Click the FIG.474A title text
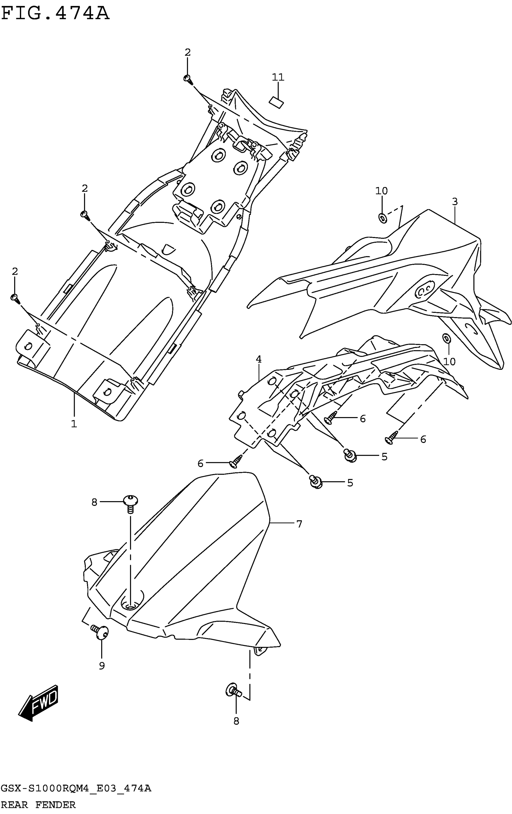[55, 14]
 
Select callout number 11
[278, 77]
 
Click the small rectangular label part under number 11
[276, 102]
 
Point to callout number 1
[74, 424]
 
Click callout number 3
[455, 202]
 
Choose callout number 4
[259, 359]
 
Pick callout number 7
[299, 524]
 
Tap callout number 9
[102, 666]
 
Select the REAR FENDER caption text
[38, 805]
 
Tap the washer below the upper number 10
[382, 218]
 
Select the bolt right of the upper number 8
[130, 503]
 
